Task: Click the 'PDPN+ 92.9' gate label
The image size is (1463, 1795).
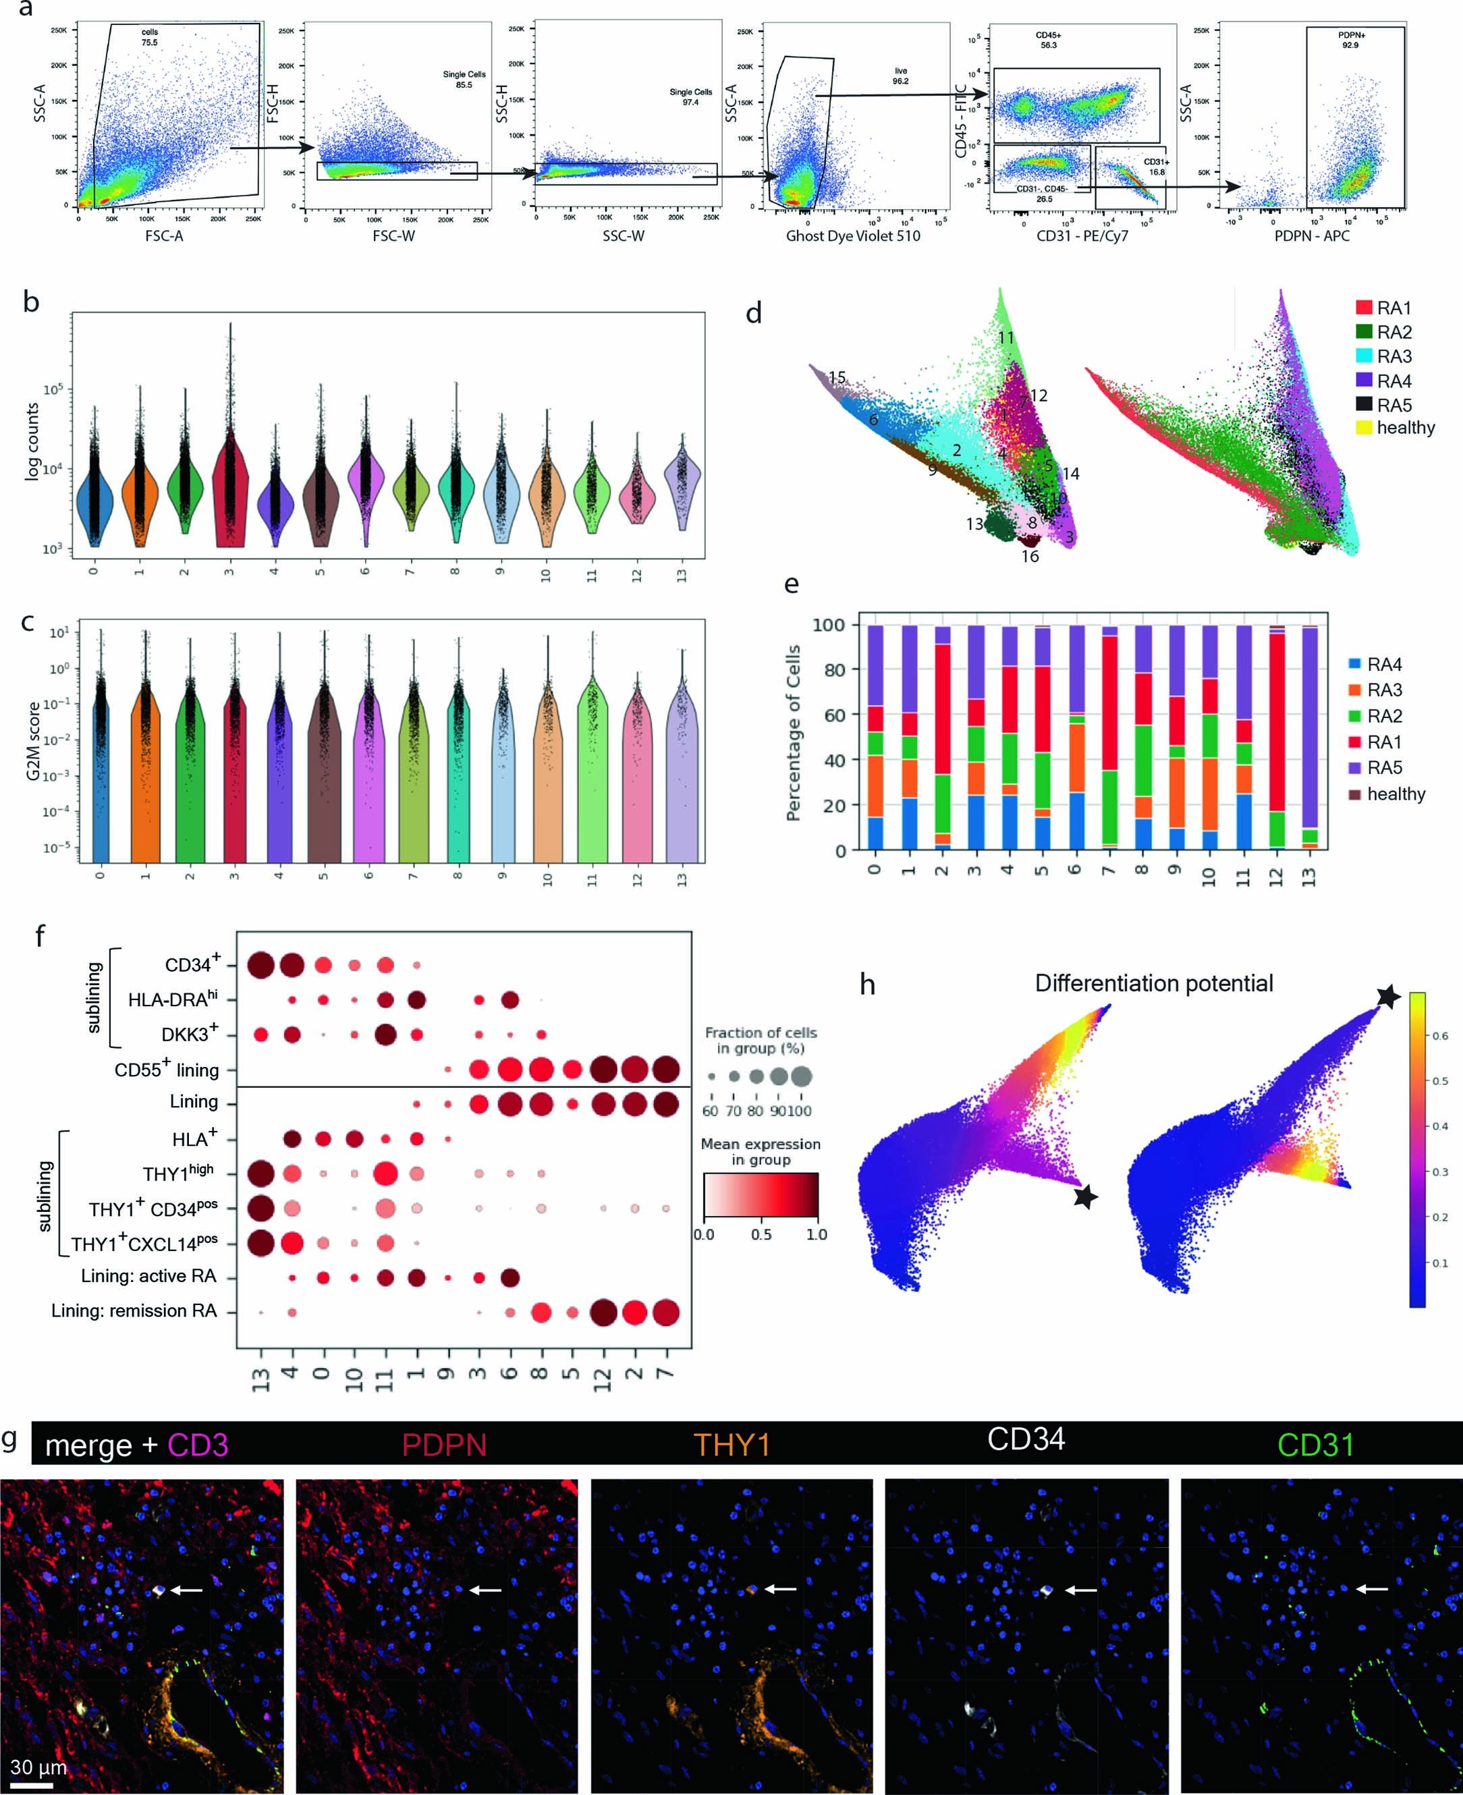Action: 1351,40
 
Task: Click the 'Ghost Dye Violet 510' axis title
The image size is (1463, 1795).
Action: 853,236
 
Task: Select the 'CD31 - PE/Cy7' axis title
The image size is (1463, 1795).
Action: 1082,236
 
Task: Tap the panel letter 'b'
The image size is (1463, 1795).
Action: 31,302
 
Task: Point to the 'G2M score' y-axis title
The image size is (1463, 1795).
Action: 34,741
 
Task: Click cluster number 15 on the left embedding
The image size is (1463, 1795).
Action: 836,377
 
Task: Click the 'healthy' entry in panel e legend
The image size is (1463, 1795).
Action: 1396,794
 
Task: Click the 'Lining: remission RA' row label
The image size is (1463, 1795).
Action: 134,1310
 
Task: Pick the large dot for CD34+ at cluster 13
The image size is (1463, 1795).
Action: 260,965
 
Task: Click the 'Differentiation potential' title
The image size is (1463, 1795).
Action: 1154,983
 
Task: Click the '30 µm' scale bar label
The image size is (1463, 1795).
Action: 38,1767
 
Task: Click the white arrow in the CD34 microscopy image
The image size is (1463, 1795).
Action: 1081,1591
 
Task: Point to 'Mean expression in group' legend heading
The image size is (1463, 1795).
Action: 760,1152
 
